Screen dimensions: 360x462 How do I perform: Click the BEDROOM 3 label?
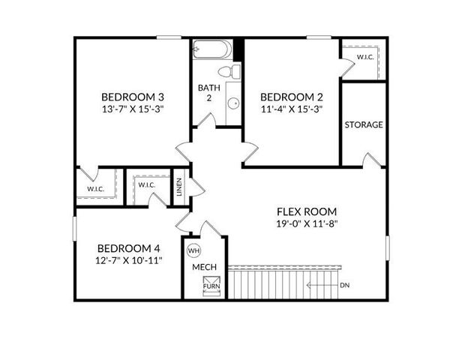pos(133,97)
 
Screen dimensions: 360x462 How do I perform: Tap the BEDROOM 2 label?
pos(291,97)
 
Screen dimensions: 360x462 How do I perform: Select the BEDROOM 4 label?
pos(130,248)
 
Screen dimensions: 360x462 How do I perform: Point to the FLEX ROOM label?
pos(306,211)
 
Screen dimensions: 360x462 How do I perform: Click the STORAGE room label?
pos(364,124)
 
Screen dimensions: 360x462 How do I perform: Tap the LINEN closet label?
pos(179,187)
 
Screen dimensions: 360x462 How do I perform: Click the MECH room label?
pos(204,267)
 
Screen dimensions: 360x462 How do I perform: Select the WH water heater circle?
pos(193,250)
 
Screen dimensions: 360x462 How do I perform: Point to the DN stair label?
pos(345,286)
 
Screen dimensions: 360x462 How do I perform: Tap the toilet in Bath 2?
pos(229,72)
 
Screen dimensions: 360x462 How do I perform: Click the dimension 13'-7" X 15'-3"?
pos(133,109)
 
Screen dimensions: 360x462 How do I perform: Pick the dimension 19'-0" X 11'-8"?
pos(306,224)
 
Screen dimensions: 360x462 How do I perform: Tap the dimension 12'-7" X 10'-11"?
pos(130,261)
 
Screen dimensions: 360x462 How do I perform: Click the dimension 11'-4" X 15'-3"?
pos(291,109)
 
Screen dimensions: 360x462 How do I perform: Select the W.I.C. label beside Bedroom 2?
pos(365,57)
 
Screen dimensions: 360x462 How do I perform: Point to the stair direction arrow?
pos(322,286)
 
